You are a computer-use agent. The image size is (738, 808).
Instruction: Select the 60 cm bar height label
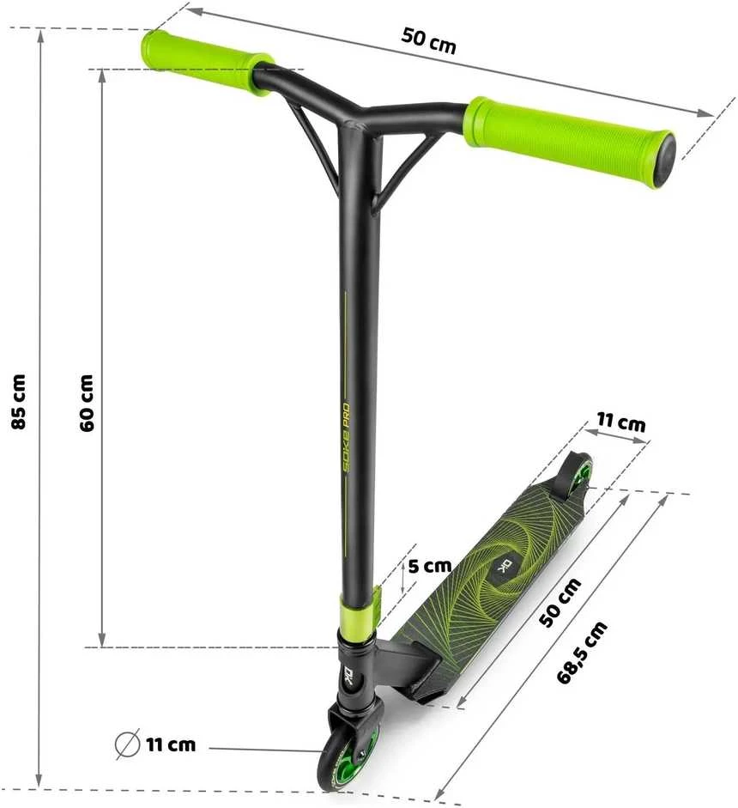(x=87, y=403)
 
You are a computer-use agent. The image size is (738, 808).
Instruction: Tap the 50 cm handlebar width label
(x=428, y=40)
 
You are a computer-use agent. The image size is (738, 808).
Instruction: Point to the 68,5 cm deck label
(x=582, y=653)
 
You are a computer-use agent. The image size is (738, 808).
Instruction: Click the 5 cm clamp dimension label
(x=430, y=566)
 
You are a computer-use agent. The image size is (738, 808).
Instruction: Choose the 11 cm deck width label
(x=620, y=422)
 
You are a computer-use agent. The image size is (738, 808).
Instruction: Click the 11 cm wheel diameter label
(x=171, y=744)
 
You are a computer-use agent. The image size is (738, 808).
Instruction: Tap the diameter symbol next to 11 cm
(x=127, y=744)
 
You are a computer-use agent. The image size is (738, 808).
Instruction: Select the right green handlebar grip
(x=569, y=140)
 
